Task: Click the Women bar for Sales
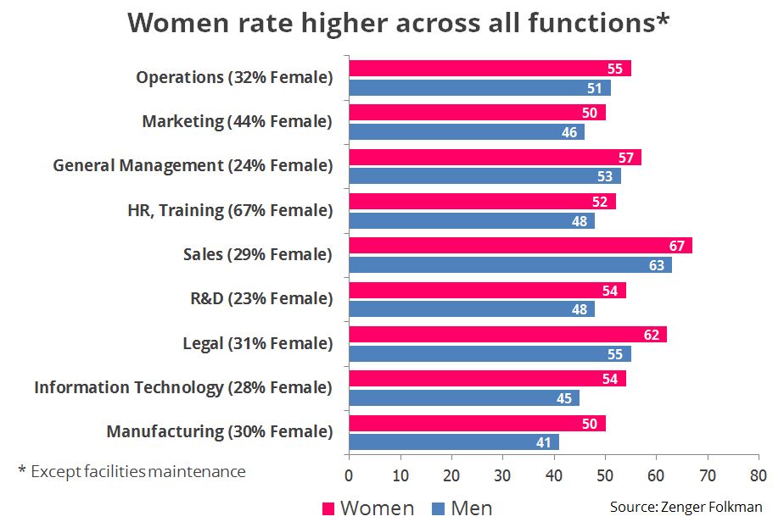click(519, 246)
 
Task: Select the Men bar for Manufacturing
click(453, 441)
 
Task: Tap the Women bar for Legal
click(507, 334)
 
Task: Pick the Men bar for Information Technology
click(463, 397)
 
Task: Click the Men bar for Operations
click(479, 87)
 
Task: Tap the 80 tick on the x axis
click(758, 474)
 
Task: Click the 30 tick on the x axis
click(502, 474)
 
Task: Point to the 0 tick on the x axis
click(349, 474)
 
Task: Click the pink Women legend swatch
click(328, 508)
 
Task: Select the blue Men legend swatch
click(438, 508)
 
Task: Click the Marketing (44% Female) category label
click(237, 121)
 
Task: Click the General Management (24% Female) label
click(193, 165)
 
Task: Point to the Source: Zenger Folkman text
click(686, 507)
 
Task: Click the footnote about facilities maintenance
click(132, 471)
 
